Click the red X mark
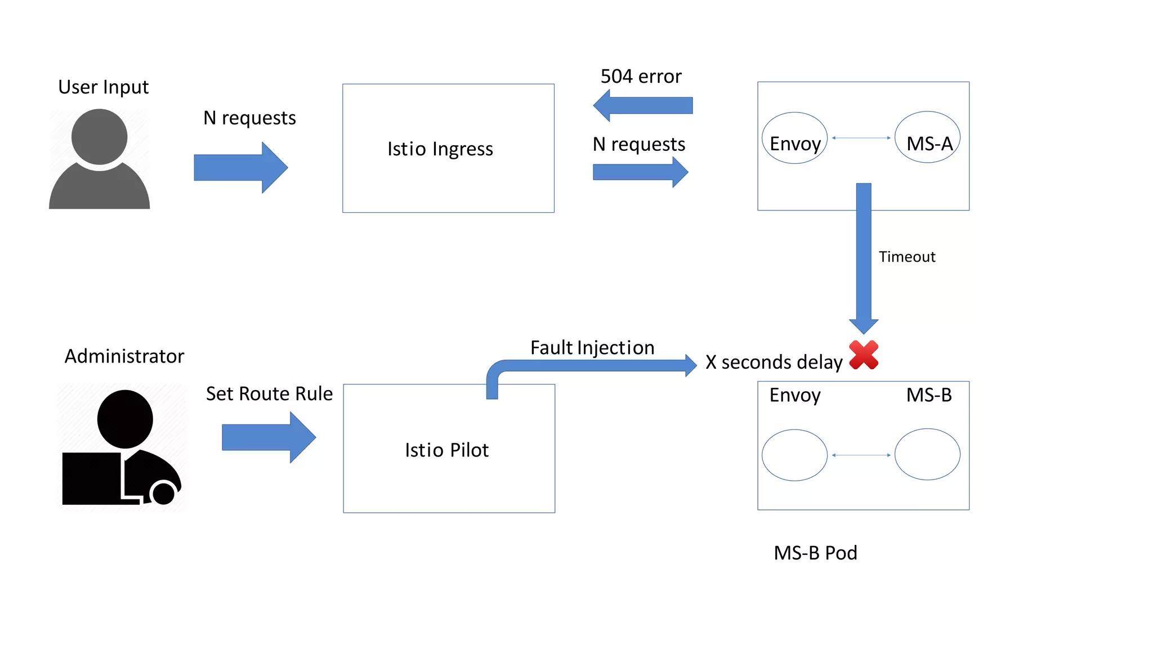tap(864, 355)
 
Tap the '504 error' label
tap(641, 77)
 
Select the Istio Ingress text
tap(440, 149)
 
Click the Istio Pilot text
tap(446, 450)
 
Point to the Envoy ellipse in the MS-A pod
tap(794, 138)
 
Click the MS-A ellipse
tap(927, 138)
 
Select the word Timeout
tap(907, 257)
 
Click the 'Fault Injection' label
tap(592, 348)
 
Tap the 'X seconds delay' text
tap(774, 362)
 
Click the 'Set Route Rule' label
tap(269, 394)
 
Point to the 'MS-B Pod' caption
tap(815, 553)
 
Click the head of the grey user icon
tap(100, 136)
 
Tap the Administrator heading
tap(124, 356)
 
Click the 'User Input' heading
tap(104, 87)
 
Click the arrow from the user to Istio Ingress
tap(240, 168)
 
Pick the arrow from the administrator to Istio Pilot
tap(269, 437)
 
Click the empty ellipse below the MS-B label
tap(927, 454)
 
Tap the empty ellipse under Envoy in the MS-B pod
tap(794, 455)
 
